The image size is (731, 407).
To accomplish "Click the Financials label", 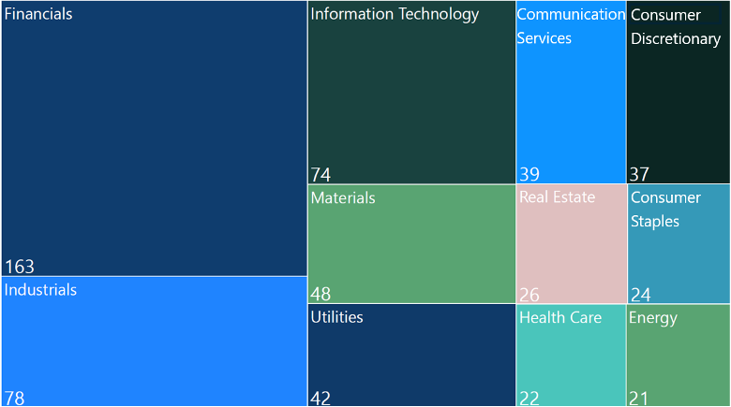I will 38,15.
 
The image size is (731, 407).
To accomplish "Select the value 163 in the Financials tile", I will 20,267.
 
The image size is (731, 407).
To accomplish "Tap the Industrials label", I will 40,290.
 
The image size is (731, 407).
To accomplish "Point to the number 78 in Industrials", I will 14,398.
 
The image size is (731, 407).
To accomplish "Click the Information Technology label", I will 395,14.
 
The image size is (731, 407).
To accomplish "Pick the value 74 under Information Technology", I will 321,175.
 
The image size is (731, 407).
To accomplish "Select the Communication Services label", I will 570,26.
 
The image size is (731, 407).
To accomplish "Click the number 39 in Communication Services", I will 530,175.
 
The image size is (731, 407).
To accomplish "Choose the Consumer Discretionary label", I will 676,27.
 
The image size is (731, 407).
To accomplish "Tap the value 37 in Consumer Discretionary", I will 640,175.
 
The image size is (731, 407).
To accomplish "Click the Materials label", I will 343,198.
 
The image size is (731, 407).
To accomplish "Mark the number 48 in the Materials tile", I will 321,295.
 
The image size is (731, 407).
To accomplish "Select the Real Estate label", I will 557,197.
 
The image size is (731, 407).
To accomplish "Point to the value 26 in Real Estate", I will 530,295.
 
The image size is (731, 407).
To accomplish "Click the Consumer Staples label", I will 665,210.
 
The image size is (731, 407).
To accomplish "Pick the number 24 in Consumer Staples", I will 641,295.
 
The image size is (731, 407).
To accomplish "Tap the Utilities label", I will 336,317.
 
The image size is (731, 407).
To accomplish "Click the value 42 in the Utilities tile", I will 321,399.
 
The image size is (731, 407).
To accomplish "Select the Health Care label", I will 560,318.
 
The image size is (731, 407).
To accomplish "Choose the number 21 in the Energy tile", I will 639,399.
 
